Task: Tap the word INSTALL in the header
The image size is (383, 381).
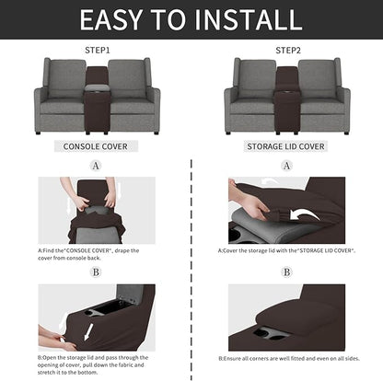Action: (x=246, y=20)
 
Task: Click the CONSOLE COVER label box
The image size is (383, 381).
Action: (x=96, y=145)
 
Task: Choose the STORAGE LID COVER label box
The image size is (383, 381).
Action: (x=286, y=145)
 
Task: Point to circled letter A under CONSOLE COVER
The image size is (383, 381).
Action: (x=96, y=166)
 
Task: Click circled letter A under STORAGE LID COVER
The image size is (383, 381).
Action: (x=286, y=166)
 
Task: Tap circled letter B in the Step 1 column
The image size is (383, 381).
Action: (x=96, y=271)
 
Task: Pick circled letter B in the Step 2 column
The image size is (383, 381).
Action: (x=286, y=271)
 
